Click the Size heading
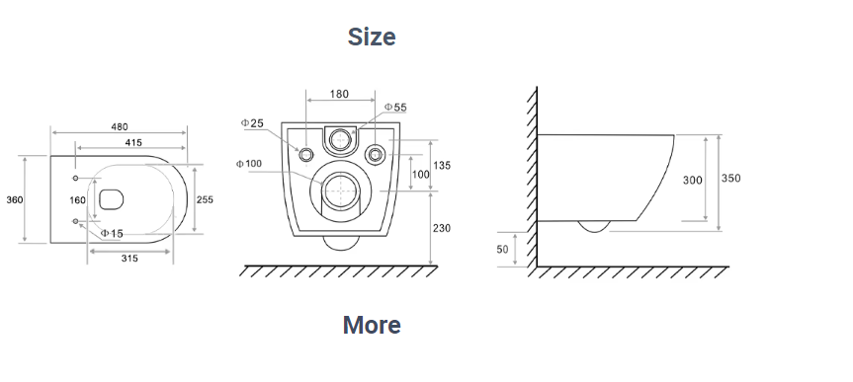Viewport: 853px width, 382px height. pos(372,37)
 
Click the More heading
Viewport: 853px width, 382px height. pos(372,325)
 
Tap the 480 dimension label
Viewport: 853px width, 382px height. pos(120,126)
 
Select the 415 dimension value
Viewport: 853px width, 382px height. pos(133,142)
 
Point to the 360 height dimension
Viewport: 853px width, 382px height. pos(15,199)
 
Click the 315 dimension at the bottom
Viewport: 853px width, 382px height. pos(129,259)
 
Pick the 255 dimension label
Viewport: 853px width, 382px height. pos(205,199)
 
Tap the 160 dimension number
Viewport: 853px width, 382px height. pos(77,200)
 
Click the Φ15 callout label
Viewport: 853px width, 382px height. pos(112,234)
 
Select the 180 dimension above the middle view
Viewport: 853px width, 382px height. pos(339,94)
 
